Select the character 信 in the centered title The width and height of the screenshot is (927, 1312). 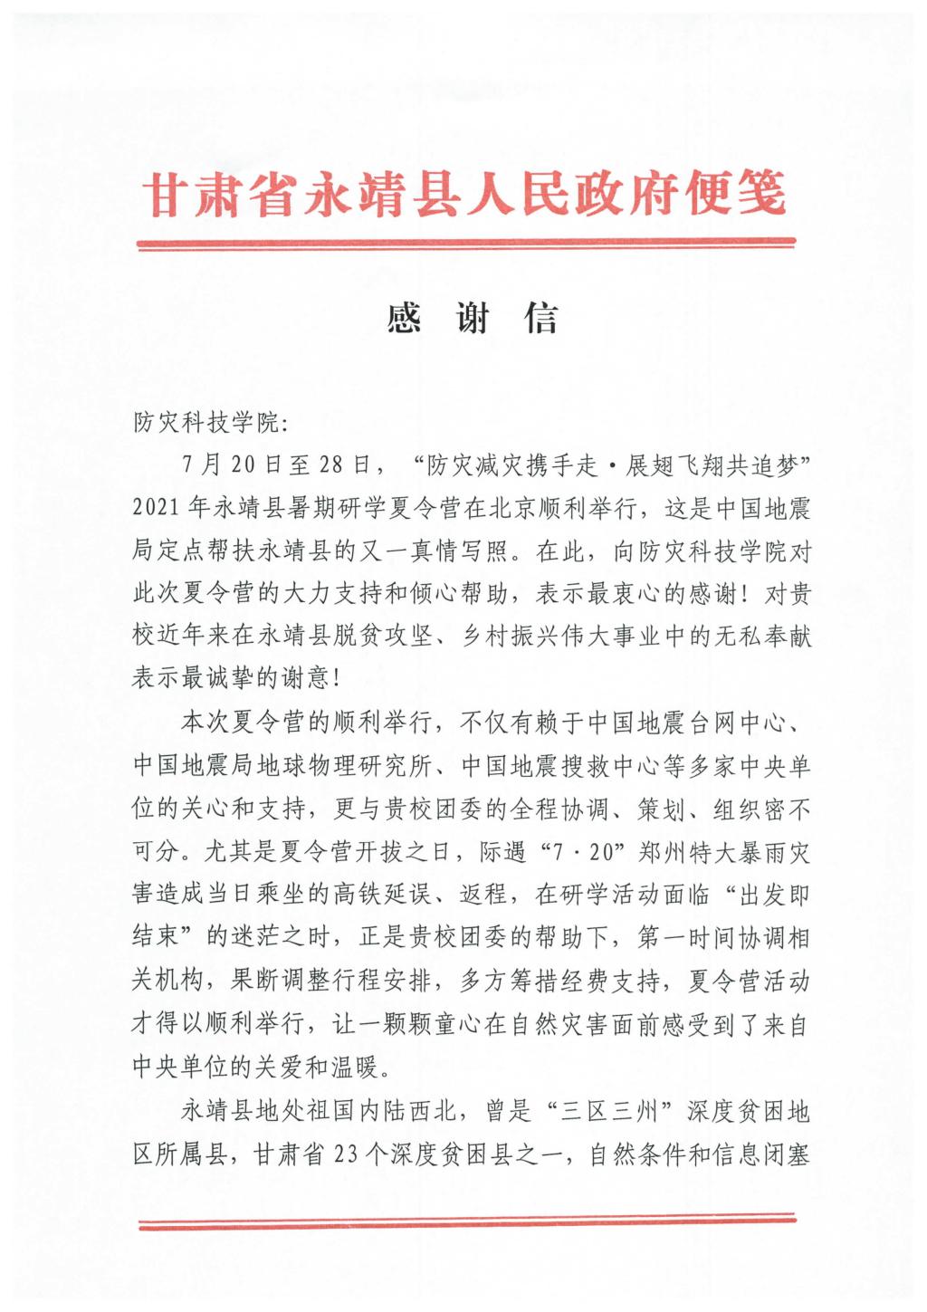click(540, 319)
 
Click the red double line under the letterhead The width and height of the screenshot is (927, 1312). click(465, 243)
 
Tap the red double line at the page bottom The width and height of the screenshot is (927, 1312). click(465, 1223)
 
